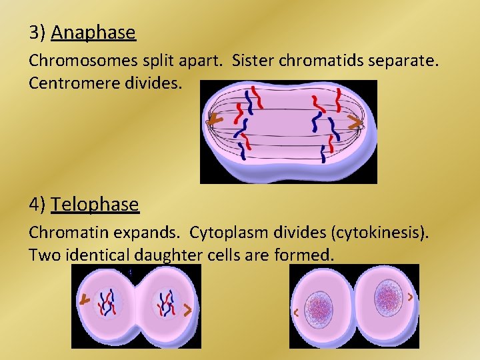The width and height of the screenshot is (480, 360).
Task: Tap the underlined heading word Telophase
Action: [x=95, y=204]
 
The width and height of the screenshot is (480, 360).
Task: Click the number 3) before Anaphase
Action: [x=37, y=33]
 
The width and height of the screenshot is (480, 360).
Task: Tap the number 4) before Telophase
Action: [x=37, y=204]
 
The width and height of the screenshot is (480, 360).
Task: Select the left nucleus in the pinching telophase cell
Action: [x=107, y=303]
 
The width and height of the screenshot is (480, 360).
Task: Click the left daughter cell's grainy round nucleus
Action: [x=319, y=311]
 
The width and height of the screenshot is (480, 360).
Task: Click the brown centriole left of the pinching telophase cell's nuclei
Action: [x=85, y=301]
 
